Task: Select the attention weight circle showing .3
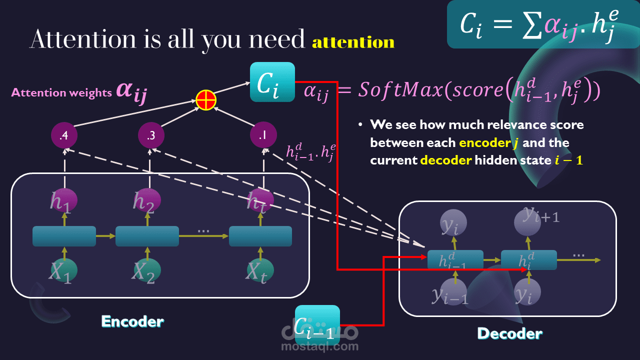click(x=150, y=135)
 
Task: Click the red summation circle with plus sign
click(x=205, y=100)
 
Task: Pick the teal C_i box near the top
click(x=272, y=82)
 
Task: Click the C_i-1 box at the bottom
click(x=317, y=324)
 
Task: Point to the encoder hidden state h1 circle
click(x=64, y=200)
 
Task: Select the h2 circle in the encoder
click(x=147, y=200)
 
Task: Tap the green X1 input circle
click(x=64, y=270)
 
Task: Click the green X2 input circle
click(x=147, y=270)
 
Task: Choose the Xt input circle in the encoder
click(x=260, y=270)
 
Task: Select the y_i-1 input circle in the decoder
click(x=453, y=292)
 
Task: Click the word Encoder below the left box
click(x=132, y=321)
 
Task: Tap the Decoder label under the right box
click(x=509, y=333)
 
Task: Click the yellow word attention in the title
click(x=353, y=42)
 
